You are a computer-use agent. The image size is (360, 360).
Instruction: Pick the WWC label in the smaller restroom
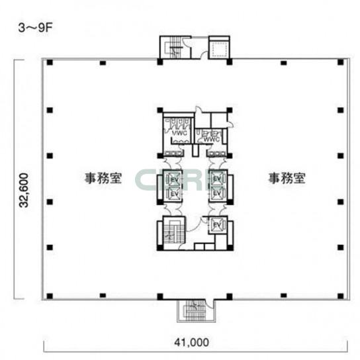click(212, 140)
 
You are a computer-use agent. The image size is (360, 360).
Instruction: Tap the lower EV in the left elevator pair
click(175, 194)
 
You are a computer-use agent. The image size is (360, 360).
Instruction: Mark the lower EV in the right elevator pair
click(215, 194)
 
